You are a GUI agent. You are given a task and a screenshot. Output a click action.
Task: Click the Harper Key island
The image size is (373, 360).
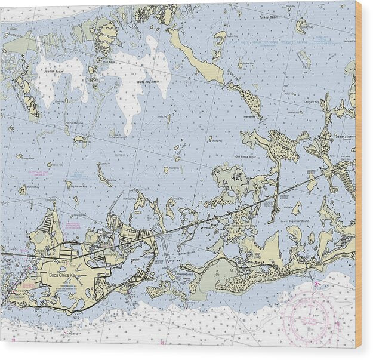pyautogui.click(x=51, y=164)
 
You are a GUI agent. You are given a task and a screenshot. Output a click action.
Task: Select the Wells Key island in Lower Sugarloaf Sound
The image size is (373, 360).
pyautogui.click(x=297, y=208)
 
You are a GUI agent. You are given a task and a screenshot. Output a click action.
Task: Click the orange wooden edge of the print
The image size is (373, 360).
pyautogui.click(x=358, y=179)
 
